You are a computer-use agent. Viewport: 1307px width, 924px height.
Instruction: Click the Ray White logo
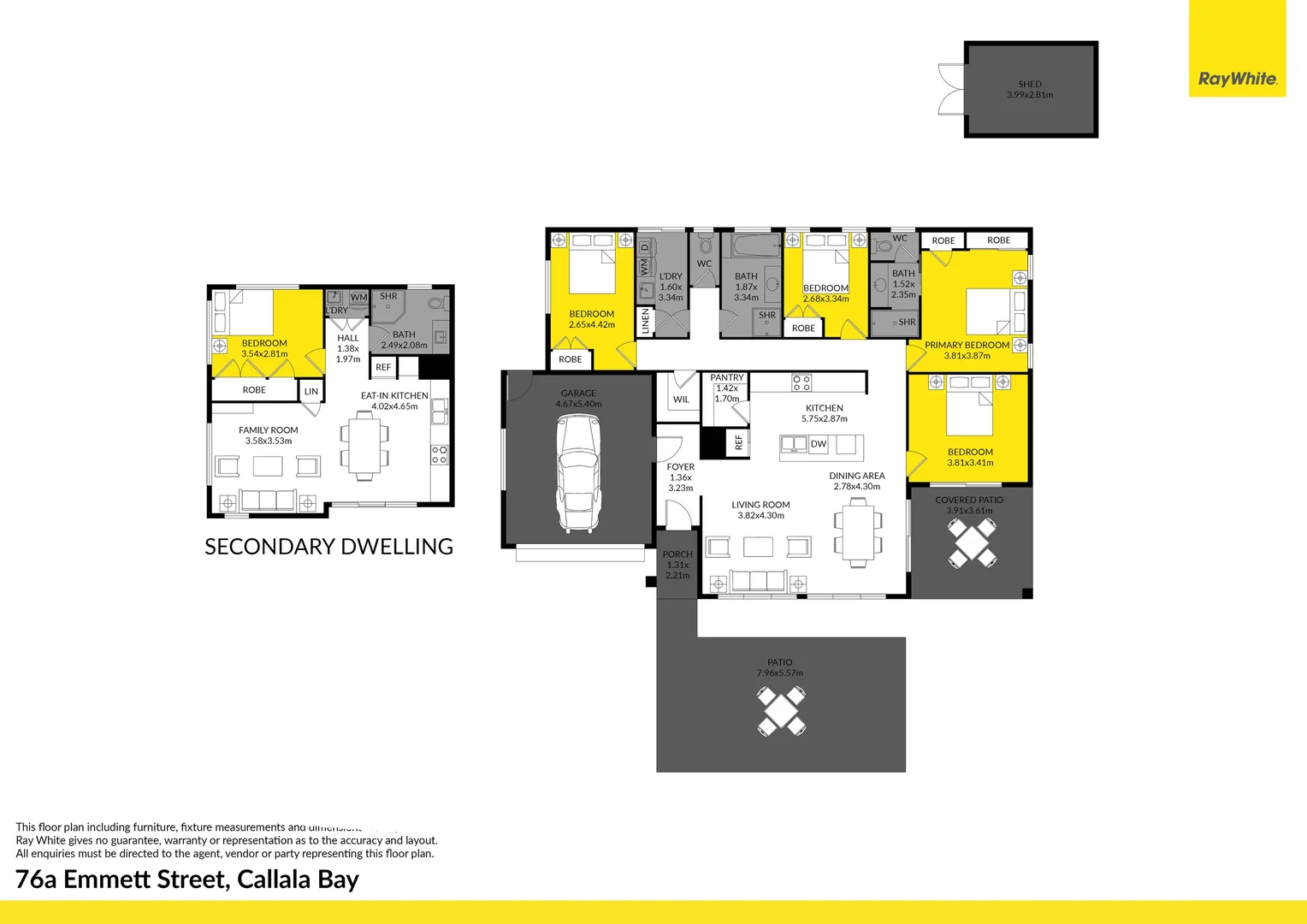click(x=1237, y=79)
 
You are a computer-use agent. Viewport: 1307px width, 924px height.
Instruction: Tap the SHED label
click(x=1030, y=85)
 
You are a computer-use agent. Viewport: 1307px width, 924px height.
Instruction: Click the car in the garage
click(x=578, y=473)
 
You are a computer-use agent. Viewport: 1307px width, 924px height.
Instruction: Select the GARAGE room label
click(x=578, y=394)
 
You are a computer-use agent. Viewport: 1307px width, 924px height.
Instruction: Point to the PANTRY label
click(x=727, y=377)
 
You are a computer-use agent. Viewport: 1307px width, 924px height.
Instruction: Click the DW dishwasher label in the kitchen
click(x=819, y=444)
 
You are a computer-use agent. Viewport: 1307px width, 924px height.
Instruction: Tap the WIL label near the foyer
click(x=681, y=400)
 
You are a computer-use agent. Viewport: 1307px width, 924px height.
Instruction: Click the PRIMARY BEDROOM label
click(x=967, y=345)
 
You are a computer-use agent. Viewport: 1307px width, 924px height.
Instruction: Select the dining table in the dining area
click(x=856, y=532)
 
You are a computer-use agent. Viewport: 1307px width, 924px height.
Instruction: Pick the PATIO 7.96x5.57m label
click(x=779, y=667)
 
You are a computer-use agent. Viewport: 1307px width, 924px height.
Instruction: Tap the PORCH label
click(x=677, y=554)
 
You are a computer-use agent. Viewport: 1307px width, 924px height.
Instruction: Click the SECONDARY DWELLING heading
click(x=328, y=547)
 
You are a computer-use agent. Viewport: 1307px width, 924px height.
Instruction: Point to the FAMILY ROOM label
click(x=269, y=430)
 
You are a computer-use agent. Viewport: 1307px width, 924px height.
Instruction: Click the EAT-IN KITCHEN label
click(x=394, y=396)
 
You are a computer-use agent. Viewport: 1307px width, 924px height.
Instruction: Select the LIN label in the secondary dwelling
click(x=311, y=392)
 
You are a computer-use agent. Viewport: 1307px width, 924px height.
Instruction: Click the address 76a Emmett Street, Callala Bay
click(x=187, y=880)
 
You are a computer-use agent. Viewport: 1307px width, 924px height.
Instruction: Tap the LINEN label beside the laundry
click(x=646, y=321)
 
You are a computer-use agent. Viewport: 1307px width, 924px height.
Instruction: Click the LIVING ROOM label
click(x=760, y=505)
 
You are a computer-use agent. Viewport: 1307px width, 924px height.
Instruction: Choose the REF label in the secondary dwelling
click(x=383, y=367)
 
